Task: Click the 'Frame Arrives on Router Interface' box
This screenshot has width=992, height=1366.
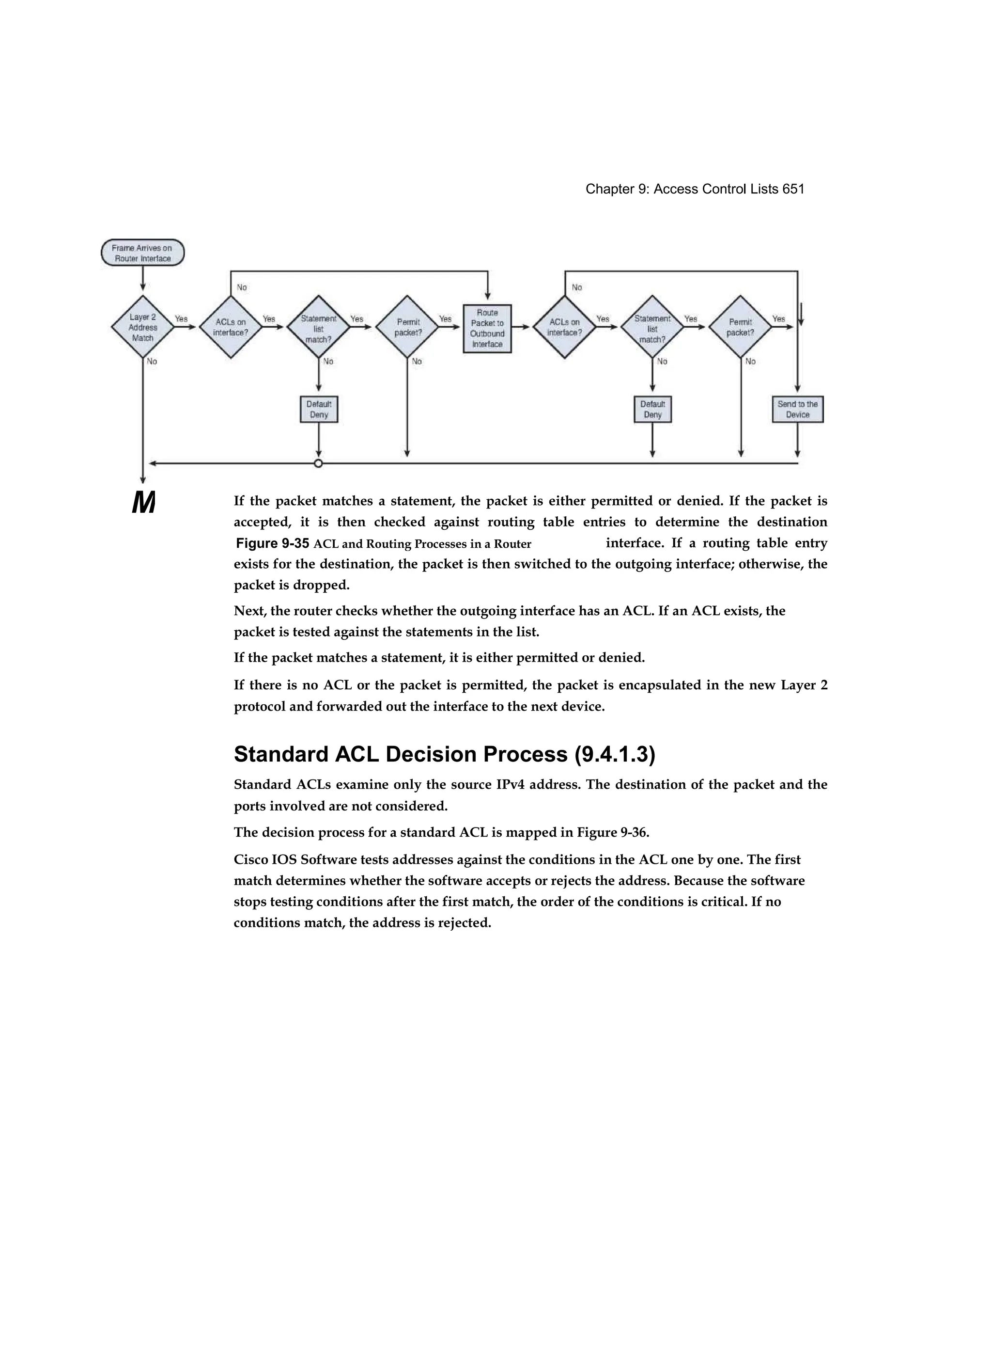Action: click(x=143, y=253)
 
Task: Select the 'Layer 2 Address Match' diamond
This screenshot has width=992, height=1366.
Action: click(x=143, y=327)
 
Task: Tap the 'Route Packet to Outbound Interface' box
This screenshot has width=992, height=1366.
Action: click(x=487, y=328)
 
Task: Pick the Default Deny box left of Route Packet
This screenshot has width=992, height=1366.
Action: click(x=318, y=410)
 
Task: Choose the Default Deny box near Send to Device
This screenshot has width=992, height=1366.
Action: click(x=652, y=410)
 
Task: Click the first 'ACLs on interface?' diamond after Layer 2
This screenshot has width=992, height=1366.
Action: click(x=231, y=327)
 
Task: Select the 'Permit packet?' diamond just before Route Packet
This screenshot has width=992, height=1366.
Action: click(x=407, y=327)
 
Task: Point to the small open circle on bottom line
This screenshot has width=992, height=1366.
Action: click(x=318, y=463)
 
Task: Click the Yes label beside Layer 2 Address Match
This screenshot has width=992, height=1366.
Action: click(x=181, y=318)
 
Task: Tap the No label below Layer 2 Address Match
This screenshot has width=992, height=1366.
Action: click(x=152, y=362)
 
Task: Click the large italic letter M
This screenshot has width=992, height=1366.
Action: click(x=143, y=502)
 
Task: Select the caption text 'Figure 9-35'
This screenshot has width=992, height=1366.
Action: click(x=273, y=544)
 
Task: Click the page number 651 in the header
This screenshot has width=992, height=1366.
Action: click(x=793, y=189)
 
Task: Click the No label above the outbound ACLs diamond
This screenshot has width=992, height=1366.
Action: click(x=577, y=287)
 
